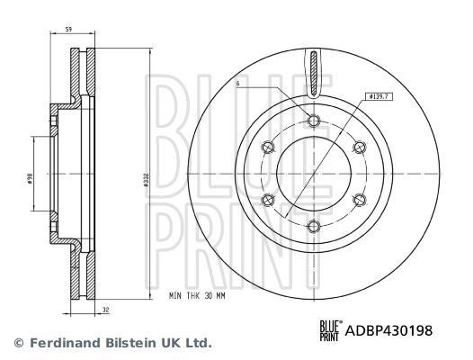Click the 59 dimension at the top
(69, 29)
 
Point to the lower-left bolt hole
(267, 199)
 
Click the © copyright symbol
(16, 343)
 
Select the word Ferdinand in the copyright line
(60, 343)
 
